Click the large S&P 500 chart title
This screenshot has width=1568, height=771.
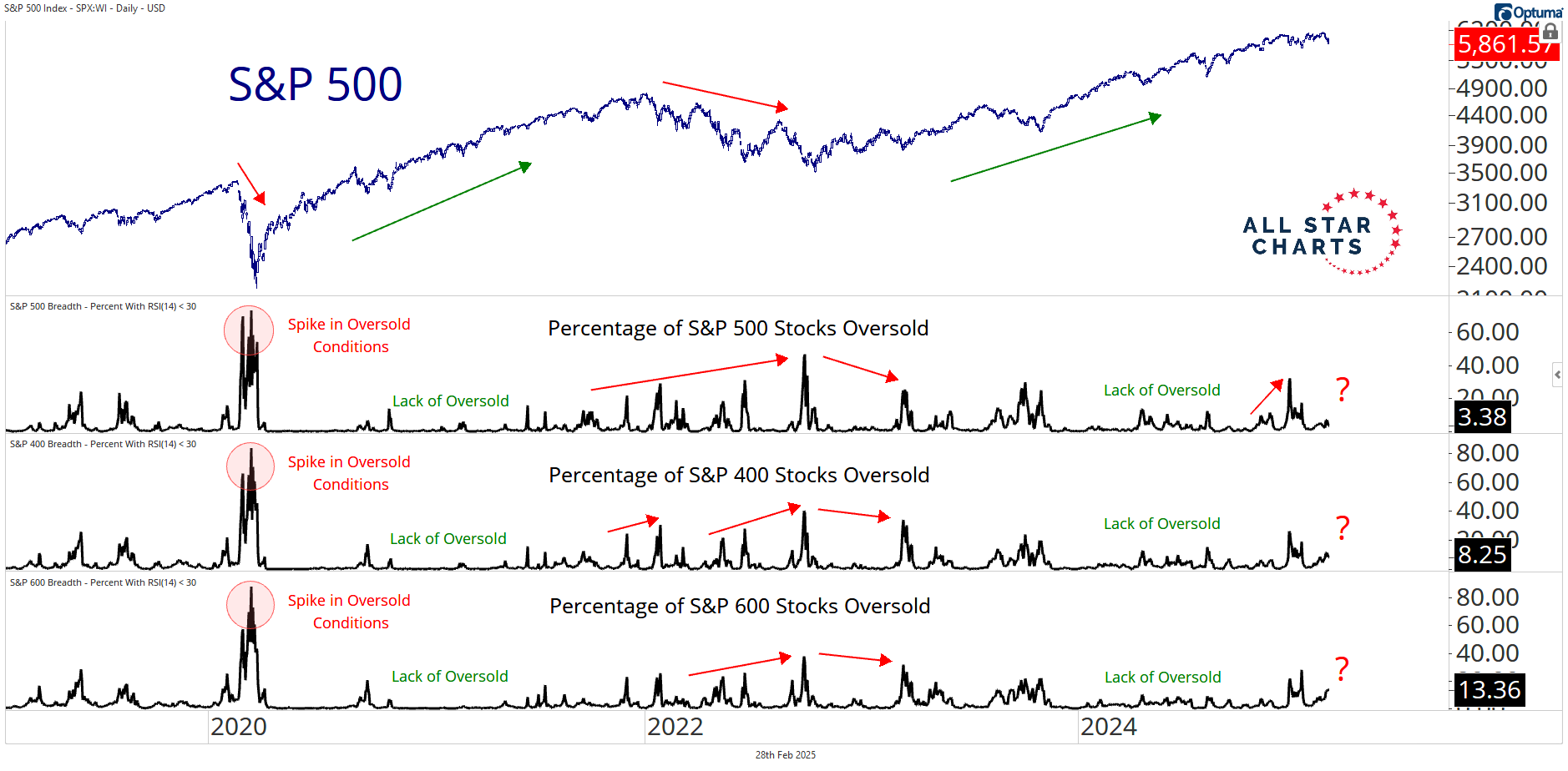316,84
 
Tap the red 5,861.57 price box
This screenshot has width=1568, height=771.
1505,44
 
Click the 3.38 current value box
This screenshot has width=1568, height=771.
1481,416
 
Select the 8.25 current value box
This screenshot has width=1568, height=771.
1481,554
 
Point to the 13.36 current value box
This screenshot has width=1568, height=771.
1490,690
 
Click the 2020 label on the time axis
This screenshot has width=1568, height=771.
239,727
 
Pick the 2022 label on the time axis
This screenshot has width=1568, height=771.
675,727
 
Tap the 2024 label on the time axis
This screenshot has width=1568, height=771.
1109,727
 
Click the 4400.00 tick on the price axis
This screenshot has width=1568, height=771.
1501,115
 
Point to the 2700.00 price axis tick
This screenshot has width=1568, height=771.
1501,237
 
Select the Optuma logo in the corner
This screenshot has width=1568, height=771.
1528,13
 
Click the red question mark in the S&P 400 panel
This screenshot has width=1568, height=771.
1343,527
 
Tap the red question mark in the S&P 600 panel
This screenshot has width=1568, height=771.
1342,668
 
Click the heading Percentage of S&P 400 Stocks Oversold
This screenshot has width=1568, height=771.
739,476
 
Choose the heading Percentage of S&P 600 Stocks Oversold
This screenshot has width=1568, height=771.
740,607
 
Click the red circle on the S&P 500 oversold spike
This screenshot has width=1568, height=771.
249,330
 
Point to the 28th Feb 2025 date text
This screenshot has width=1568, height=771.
785,755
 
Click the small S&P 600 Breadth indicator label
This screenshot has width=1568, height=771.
103,582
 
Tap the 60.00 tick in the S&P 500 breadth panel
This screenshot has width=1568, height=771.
1487,332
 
